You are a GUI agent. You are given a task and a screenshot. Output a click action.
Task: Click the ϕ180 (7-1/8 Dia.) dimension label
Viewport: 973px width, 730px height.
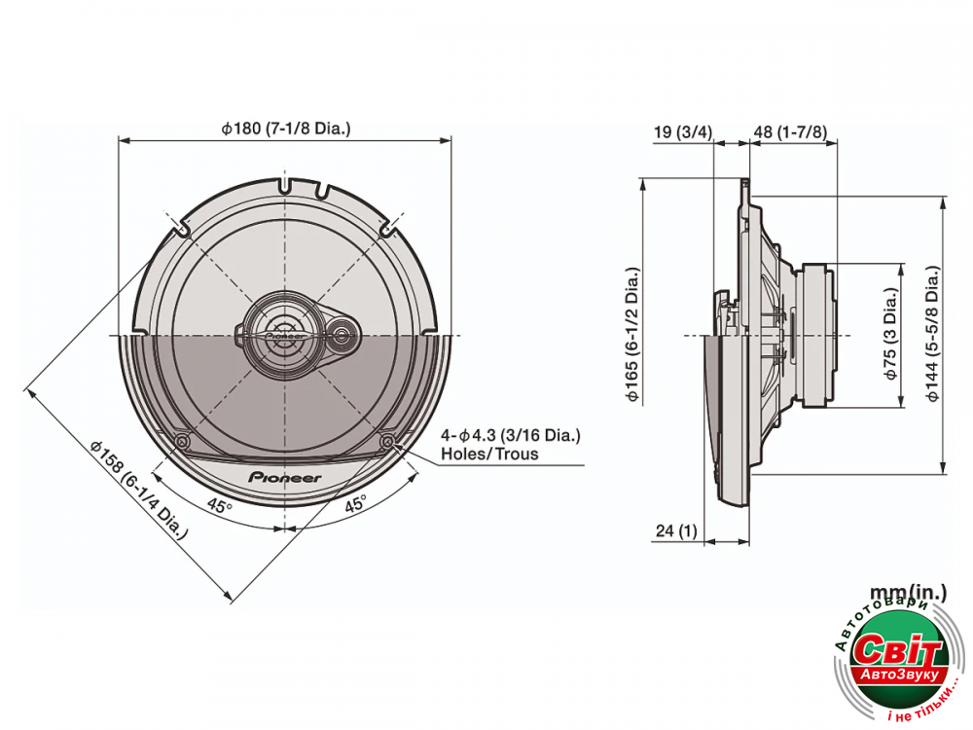[285, 128]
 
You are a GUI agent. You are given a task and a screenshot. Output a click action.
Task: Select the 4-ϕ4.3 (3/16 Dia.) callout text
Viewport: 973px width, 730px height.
[511, 435]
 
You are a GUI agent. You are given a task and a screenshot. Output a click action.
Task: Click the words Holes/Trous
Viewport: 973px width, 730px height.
[489, 454]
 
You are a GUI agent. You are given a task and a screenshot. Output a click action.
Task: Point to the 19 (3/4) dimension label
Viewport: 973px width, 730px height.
[682, 131]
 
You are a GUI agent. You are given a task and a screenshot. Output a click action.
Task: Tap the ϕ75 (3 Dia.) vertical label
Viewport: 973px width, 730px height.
[890, 335]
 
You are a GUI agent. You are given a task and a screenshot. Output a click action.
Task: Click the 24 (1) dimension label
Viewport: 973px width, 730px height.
[677, 530]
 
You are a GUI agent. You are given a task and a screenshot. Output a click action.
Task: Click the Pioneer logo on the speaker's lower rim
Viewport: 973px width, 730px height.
[285, 478]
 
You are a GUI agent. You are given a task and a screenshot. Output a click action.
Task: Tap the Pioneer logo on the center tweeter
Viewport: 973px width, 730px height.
[283, 333]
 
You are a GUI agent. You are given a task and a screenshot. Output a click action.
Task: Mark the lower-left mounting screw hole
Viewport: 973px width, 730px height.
[181, 443]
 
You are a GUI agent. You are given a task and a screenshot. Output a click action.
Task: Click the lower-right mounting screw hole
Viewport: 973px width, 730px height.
[388, 443]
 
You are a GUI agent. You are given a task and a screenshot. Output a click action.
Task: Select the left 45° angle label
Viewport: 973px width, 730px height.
[220, 506]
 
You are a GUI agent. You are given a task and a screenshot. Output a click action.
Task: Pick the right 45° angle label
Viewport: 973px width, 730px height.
[354, 504]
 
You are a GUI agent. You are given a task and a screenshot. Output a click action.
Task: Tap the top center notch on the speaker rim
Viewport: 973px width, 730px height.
[284, 182]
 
